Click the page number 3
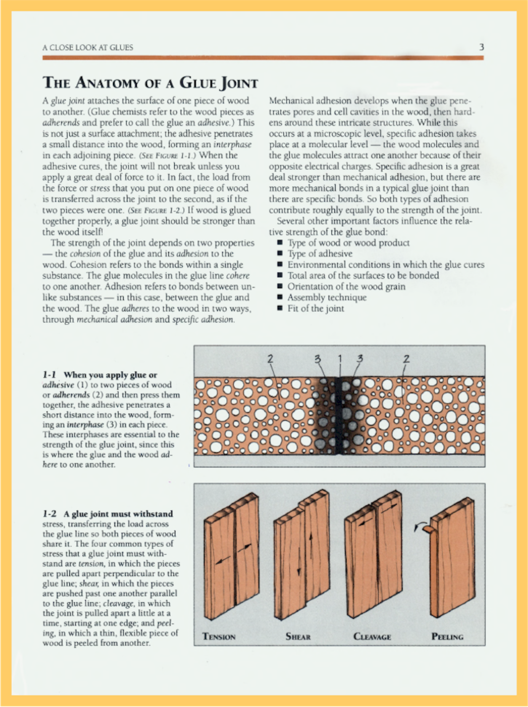tap(481, 47)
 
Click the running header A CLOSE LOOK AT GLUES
tap(88, 48)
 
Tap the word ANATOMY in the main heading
tap(107, 83)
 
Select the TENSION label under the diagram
tap(219, 637)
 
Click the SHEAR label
tap(298, 637)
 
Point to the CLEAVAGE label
tap(372, 637)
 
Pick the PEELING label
tap(447, 637)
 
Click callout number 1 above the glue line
tap(340, 359)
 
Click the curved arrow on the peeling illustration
tap(419, 525)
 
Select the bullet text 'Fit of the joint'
tap(315, 309)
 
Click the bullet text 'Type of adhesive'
tap(320, 254)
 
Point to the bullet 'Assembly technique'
tap(327, 298)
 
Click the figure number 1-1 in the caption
tap(50, 375)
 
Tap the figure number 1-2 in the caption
tap(50, 514)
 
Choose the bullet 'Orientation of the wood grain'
tap(346, 287)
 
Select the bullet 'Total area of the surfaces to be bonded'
tap(363, 276)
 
